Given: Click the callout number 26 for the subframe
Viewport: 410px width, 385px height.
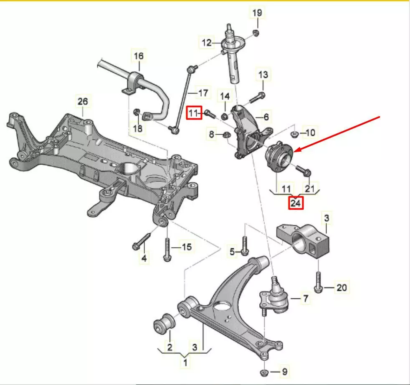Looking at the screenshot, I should click(x=83, y=101).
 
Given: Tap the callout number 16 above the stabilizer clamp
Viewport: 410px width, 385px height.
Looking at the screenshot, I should click(x=138, y=55).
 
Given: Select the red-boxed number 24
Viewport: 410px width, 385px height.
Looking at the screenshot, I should click(x=296, y=203).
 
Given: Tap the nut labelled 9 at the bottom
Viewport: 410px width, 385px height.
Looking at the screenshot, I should click(x=263, y=372).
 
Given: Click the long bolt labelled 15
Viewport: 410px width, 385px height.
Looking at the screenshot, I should click(x=167, y=249).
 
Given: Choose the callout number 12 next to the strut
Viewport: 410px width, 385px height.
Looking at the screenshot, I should click(x=207, y=42).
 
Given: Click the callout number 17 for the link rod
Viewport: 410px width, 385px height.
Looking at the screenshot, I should click(x=202, y=92).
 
